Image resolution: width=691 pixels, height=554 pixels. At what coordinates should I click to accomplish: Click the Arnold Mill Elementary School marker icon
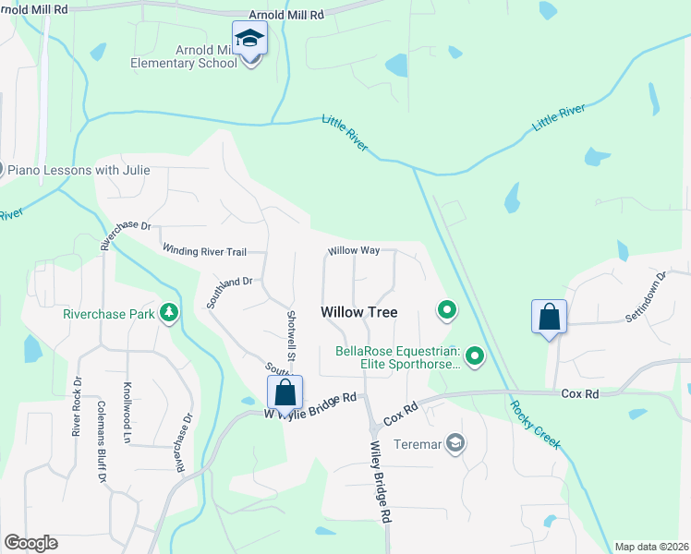pos(249,40)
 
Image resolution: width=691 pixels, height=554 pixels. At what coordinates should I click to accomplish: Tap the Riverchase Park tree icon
pos(168,314)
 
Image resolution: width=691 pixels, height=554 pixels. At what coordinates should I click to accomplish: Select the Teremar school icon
pos(455,444)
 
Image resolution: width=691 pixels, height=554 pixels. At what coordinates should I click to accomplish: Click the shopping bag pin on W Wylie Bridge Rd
pos(285,392)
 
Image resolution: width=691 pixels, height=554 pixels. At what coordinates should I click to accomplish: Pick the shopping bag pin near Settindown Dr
pos(549,317)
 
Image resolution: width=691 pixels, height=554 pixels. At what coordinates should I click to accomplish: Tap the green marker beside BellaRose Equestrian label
pos(475,355)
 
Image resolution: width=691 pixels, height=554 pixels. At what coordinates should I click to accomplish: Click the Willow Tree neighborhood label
pos(359,312)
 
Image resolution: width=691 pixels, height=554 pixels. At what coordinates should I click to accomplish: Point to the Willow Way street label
pos(354,251)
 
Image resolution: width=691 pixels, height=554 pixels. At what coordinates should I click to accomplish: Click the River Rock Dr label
pos(78,406)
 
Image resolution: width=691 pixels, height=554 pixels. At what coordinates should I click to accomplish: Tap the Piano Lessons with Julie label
pos(78,170)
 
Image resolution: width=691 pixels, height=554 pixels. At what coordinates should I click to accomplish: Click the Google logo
pos(30,543)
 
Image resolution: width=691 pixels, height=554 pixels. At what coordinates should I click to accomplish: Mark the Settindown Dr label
pos(646,295)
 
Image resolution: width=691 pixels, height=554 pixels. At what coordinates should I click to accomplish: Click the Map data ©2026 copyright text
pos(652,547)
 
